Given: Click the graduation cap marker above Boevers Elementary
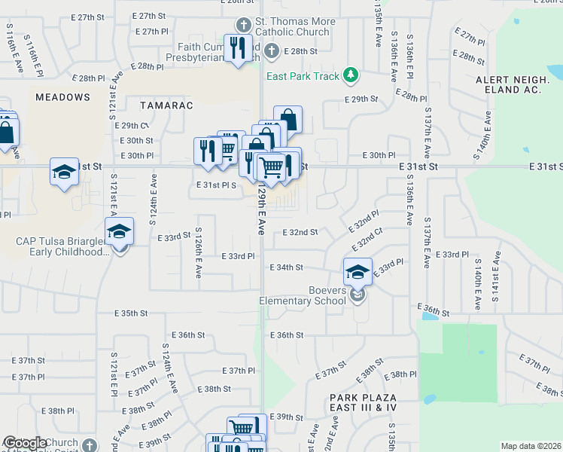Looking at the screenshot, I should [358, 271].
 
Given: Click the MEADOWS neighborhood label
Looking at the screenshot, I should [62, 97].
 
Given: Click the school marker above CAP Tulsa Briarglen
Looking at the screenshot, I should [119, 232].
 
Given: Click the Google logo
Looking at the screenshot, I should [25, 443].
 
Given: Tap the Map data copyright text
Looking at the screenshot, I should [531, 446].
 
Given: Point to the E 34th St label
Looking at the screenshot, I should [286, 267].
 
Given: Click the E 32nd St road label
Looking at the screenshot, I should [300, 232].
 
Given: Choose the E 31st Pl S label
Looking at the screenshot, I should [217, 185].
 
